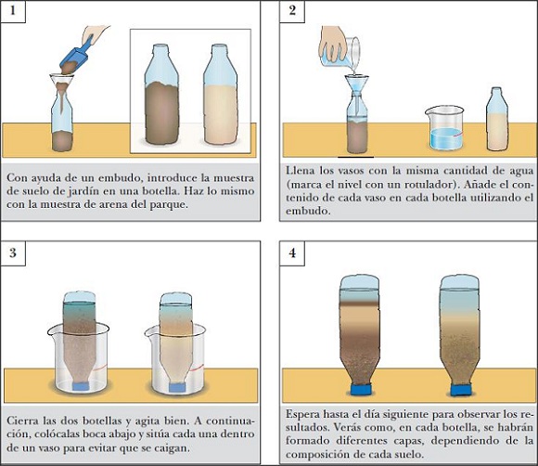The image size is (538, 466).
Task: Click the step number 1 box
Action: pyautogui.click(x=13, y=11)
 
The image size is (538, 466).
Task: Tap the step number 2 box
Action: pyautogui.click(x=292, y=11)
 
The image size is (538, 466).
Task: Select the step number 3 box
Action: pyautogui.click(x=13, y=253)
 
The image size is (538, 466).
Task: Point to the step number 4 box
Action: pyautogui.click(x=292, y=253)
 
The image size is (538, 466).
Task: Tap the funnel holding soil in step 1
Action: pyautogui.click(x=62, y=84)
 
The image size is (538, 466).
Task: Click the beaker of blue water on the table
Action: pyautogui.click(x=444, y=127)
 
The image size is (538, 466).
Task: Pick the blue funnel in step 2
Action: pyautogui.click(x=356, y=84)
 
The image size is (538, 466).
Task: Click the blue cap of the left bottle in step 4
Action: pyautogui.click(x=361, y=390)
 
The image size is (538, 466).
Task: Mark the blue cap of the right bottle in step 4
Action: pyautogui.click(x=460, y=390)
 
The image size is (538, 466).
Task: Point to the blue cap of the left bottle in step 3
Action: pyautogui.click(x=81, y=386)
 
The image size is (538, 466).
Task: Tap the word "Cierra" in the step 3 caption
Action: pyautogui.click(x=22, y=421)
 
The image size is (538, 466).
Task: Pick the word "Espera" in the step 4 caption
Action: pyautogui.click(x=303, y=415)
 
